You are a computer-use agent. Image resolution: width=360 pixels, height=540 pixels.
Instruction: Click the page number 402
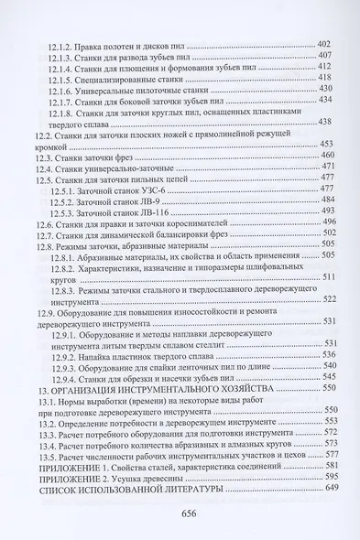click(322, 44)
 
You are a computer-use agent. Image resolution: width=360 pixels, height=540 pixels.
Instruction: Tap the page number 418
click(322, 78)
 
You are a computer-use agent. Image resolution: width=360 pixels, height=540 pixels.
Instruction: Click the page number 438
click(322, 123)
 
